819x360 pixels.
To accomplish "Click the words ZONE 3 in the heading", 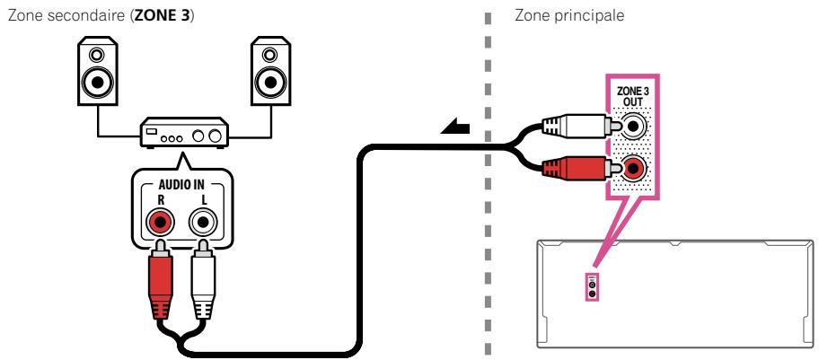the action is [x=163, y=15].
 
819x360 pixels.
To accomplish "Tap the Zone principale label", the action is [x=569, y=15].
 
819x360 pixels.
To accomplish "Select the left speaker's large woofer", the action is [x=97, y=81].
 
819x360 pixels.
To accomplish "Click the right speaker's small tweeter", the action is [x=269, y=55].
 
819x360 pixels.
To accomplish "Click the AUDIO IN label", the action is [x=181, y=185].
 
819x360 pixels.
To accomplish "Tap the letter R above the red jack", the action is [x=161, y=200].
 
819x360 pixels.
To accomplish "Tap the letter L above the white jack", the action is [x=203, y=200].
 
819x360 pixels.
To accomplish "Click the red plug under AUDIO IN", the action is [x=161, y=278].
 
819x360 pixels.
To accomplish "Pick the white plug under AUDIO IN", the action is [x=203, y=278].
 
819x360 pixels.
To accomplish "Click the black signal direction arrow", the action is [x=455, y=127].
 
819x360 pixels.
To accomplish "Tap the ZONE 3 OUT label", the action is [x=632, y=95].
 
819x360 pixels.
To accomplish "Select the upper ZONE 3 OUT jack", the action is [x=633, y=126].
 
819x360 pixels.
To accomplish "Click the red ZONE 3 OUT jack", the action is [x=633, y=168].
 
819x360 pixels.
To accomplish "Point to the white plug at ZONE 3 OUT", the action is [x=581, y=126].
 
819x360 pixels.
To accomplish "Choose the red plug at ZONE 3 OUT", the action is [x=581, y=168].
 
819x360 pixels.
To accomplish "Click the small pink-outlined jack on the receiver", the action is [x=592, y=287].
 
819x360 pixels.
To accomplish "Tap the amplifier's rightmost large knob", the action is [x=214, y=136].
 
